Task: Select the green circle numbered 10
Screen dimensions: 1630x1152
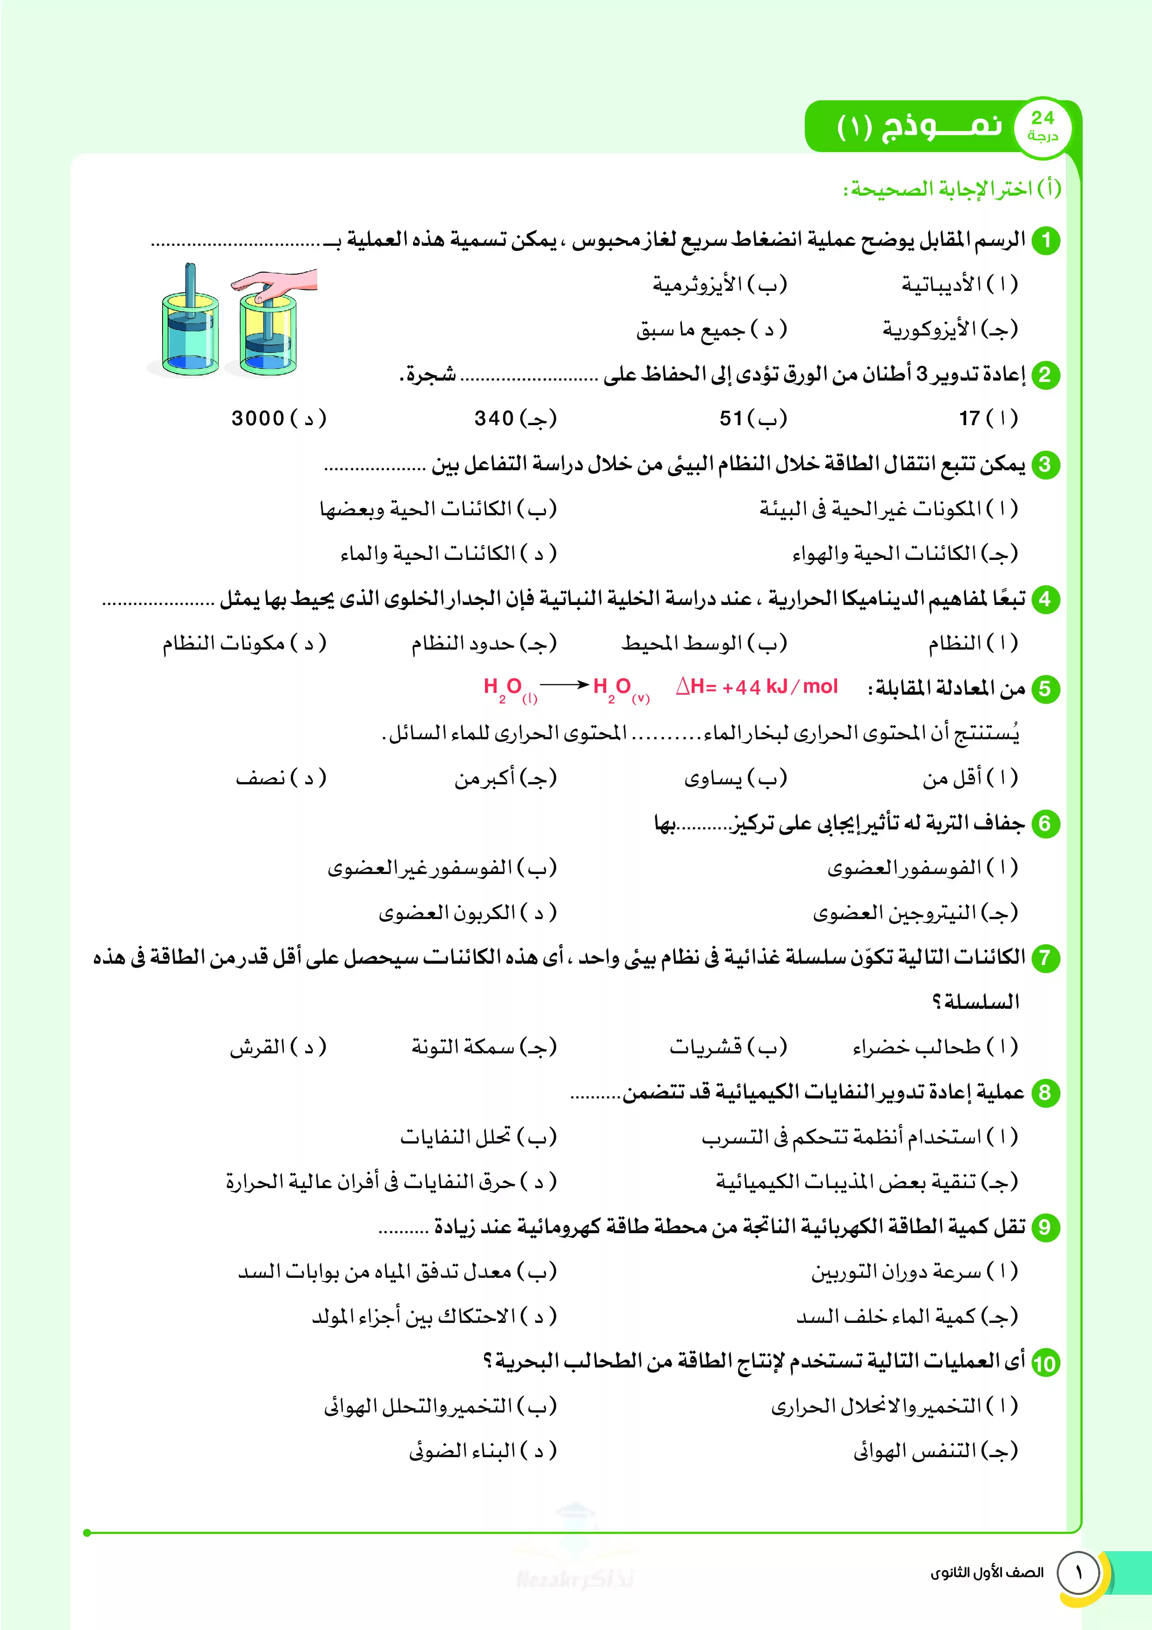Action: (1045, 1363)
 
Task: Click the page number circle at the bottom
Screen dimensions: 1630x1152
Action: (1078, 1572)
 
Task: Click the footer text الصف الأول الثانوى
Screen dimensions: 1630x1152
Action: (987, 1572)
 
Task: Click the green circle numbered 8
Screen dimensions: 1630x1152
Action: (1045, 1092)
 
